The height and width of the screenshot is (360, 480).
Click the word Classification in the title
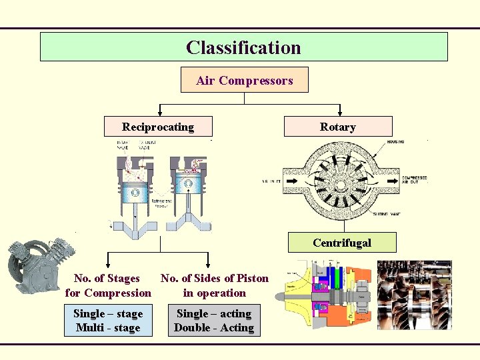pyautogui.click(x=243, y=48)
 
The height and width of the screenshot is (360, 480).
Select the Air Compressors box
pyautogui.click(x=245, y=81)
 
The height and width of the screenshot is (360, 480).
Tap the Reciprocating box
pyautogui.click(x=158, y=127)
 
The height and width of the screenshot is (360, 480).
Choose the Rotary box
pyautogui.click(x=337, y=127)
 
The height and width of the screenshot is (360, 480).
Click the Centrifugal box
pyautogui.click(x=342, y=243)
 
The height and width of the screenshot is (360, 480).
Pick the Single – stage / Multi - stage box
pyautogui.click(x=108, y=321)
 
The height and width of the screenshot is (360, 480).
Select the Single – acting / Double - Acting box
pyautogui.click(x=213, y=321)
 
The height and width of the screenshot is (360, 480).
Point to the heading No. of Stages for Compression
pyautogui.click(x=108, y=285)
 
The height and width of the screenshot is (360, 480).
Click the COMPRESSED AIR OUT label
pyautogui.click(x=414, y=181)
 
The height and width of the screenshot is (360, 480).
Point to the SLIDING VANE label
pyautogui.click(x=389, y=215)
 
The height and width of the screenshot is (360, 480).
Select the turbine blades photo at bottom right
pyautogui.click(x=414, y=295)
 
